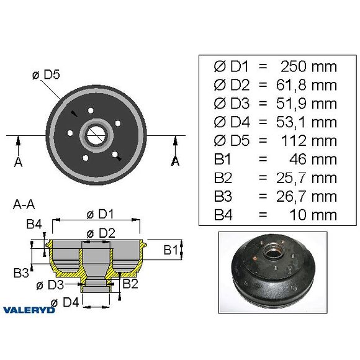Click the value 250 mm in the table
tap(308, 66)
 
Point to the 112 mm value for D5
tap(308, 141)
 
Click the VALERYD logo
tap(29, 309)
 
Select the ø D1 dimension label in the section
tap(99, 215)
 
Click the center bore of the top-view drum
tap(96, 135)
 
